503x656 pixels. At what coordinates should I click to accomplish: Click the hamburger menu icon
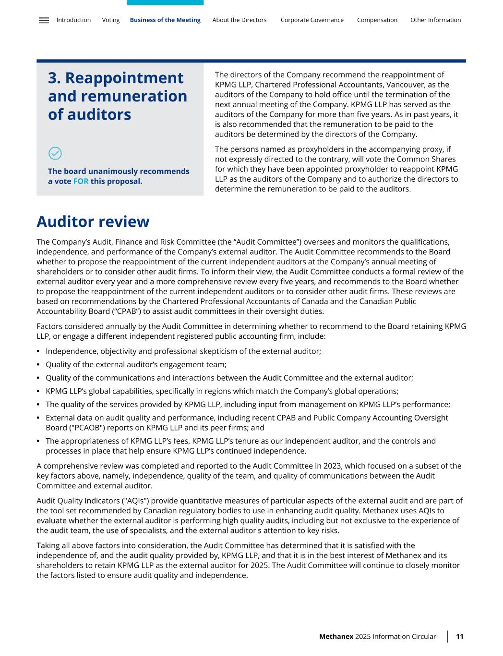44,20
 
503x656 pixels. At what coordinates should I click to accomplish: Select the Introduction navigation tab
73,20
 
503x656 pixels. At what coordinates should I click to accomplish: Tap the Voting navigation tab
111,20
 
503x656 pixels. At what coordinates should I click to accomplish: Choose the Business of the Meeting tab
165,20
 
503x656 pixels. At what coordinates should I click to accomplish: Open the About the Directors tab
239,20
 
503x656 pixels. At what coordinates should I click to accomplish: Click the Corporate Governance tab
312,20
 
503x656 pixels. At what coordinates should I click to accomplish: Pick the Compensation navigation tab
377,20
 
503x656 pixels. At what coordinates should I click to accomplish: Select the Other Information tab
435,20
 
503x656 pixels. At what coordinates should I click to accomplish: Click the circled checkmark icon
55,153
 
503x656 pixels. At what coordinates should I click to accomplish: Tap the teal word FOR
81,182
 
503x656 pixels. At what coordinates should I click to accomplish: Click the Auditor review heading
93,222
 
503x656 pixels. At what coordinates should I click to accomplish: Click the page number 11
460,637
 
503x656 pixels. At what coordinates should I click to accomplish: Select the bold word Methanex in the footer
336,637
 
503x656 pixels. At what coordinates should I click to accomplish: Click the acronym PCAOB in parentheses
63,428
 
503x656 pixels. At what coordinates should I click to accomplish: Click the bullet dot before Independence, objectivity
38,351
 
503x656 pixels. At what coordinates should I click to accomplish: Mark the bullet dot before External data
38,418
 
